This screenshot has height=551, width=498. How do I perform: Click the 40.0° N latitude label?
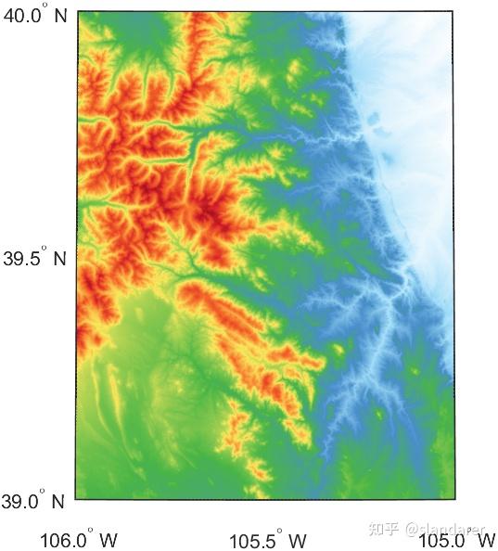point(33,16)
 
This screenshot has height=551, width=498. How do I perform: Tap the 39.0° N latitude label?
point(33,502)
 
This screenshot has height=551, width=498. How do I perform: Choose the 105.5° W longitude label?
point(267,539)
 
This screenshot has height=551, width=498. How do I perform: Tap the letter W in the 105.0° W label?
point(482,539)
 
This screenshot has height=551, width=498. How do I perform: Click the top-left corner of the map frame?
point(75,12)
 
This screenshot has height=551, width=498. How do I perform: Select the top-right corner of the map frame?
point(455,12)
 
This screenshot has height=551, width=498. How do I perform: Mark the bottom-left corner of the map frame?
point(75,500)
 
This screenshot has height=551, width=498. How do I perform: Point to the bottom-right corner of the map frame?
point(455,500)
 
